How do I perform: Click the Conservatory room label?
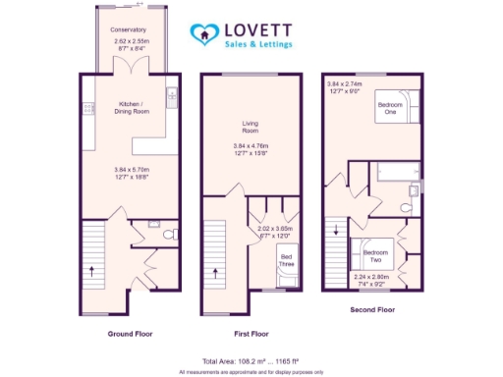coord(129,30)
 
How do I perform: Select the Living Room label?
coord(249,126)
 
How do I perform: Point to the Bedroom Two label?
coord(375,255)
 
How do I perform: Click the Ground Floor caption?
coord(131,334)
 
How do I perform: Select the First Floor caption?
coord(249,334)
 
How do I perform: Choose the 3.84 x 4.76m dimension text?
coord(249,147)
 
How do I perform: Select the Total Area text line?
coord(251,361)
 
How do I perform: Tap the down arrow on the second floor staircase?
coord(337,232)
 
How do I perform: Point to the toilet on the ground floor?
coord(165,233)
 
